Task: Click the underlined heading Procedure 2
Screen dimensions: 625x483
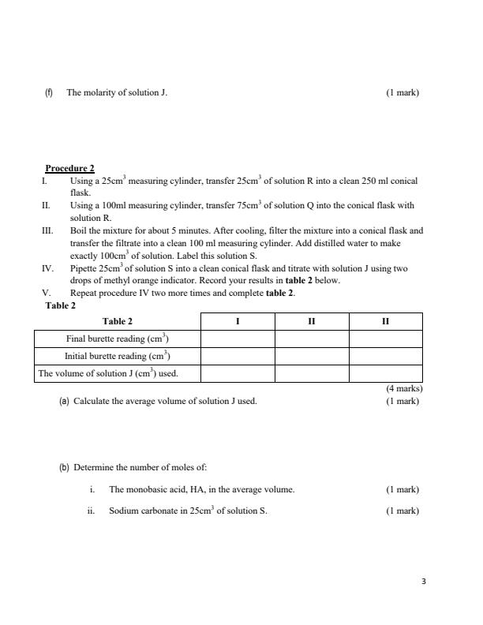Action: (69, 168)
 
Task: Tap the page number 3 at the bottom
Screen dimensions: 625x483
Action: (423, 582)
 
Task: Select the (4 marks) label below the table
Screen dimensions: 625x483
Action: (404, 388)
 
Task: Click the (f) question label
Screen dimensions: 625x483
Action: (49, 92)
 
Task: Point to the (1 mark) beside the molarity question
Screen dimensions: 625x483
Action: (402, 92)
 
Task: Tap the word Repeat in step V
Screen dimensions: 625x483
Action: (84, 293)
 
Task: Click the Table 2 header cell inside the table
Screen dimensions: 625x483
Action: (118, 321)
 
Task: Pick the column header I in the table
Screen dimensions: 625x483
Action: (238, 321)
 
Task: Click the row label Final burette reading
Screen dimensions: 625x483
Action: (118, 339)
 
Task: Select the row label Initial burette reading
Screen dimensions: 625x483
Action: (118, 356)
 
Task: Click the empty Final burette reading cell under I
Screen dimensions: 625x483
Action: (238, 339)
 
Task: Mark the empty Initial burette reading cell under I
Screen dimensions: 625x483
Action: (238, 356)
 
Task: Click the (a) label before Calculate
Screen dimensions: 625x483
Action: (64, 401)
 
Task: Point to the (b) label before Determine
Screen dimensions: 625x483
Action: (64, 467)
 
